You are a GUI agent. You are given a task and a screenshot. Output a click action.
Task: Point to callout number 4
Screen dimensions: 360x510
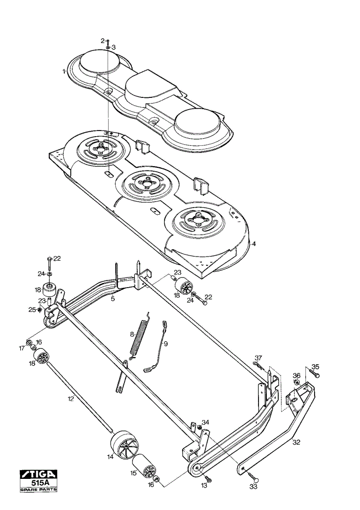253,244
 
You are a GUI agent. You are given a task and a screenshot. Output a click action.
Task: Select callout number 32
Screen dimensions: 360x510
296,442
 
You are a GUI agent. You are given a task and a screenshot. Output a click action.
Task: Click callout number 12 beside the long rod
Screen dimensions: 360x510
70,398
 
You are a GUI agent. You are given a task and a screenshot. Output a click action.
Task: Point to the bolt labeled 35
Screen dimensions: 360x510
315,373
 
